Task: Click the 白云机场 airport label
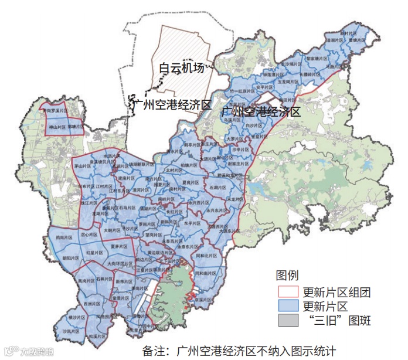pos(182,68)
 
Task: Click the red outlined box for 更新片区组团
pos(288,292)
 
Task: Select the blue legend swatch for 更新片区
pos(288,306)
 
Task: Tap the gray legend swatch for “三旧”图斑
pos(288,320)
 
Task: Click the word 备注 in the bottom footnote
pos(155,351)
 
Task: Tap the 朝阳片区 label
pos(70,258)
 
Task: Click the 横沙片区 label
pos(78,317)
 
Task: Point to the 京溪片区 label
pos(202,299)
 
